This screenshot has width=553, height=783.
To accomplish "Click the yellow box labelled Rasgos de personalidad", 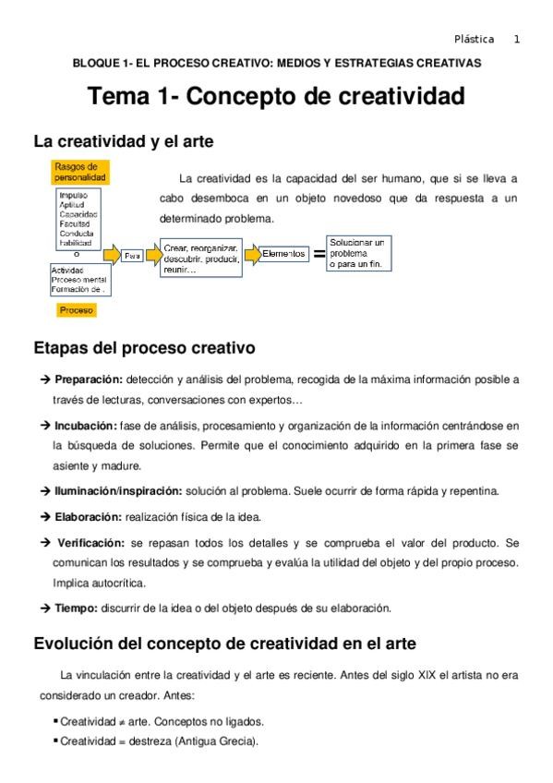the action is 80,172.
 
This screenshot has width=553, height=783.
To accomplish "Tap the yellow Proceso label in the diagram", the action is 77,310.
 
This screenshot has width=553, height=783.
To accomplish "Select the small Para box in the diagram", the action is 132,256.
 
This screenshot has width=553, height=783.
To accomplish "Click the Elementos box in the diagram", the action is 283,253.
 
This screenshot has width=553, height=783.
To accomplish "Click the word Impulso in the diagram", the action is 73,196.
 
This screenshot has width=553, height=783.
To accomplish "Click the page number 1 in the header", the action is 517,39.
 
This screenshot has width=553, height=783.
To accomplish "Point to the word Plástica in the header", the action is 474,39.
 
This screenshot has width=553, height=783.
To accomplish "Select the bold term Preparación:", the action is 89,379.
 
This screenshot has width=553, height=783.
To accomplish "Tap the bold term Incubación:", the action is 86,426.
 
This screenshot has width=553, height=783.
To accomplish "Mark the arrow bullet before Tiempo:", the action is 44,608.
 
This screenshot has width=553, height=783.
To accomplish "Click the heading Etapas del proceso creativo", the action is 143,349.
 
